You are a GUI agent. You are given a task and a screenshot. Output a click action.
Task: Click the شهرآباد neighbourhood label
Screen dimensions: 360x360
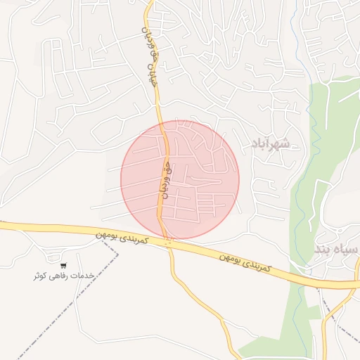[274, 143]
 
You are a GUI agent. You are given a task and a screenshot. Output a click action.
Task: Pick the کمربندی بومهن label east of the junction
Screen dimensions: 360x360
[243, 262]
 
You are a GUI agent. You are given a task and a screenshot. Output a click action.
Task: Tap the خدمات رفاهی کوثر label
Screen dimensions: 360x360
[63, 276]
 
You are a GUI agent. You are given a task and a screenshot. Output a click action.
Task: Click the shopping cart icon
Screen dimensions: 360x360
[63, 266]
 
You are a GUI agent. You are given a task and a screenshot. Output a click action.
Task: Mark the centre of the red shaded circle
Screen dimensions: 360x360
[180, 180]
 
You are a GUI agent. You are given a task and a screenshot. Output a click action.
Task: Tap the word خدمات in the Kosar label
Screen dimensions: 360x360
[84, 276]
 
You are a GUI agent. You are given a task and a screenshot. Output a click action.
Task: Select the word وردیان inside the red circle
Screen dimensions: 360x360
[167, 187]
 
